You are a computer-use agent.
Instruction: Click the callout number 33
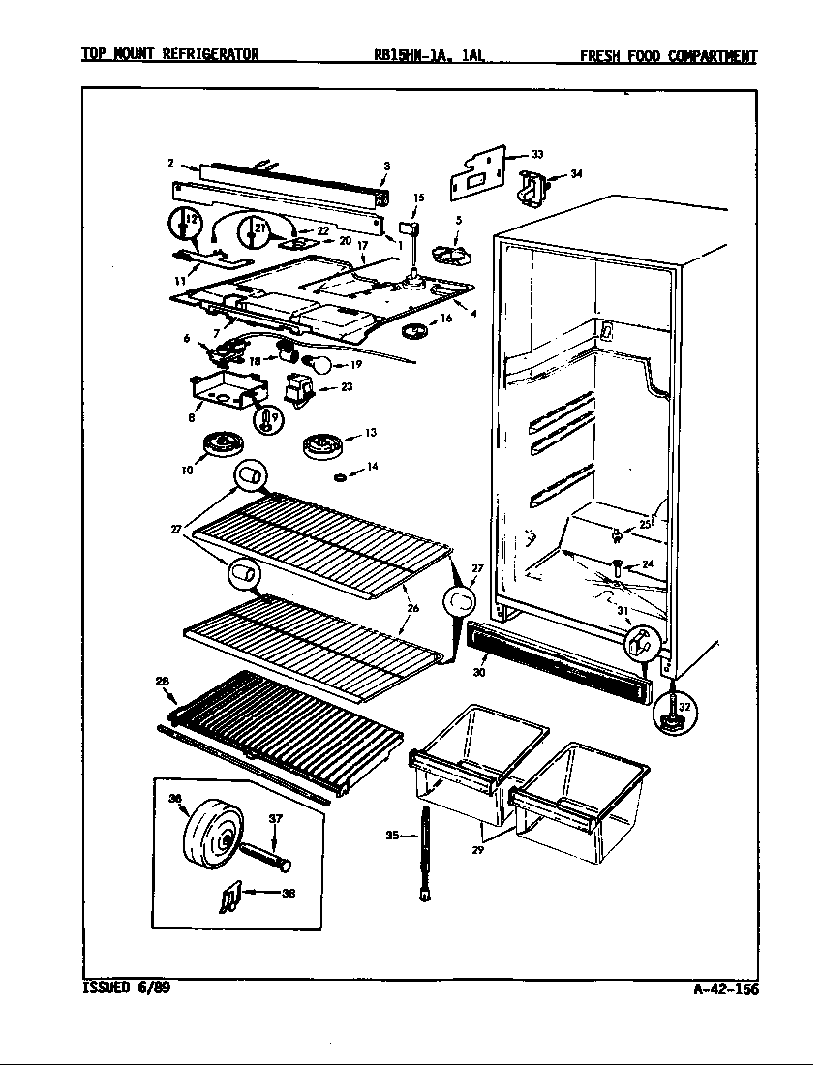click(537, 154)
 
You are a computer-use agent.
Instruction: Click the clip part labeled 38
click(226, 899)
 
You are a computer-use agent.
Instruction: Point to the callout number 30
click(480, 671)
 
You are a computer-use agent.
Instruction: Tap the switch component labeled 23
click(297, 391)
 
